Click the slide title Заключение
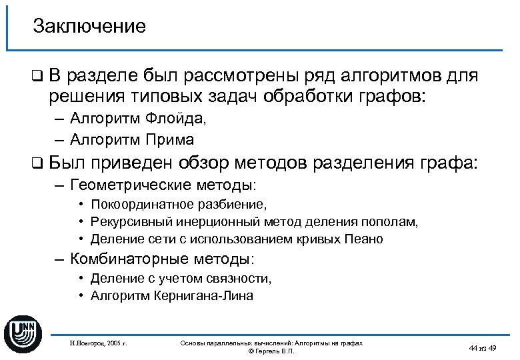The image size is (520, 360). (x=89, y=27)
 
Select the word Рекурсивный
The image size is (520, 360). (x=125, y=221)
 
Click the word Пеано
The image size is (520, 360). (x=365, y=239)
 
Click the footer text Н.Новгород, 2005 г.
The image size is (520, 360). (x=98, y=343)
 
